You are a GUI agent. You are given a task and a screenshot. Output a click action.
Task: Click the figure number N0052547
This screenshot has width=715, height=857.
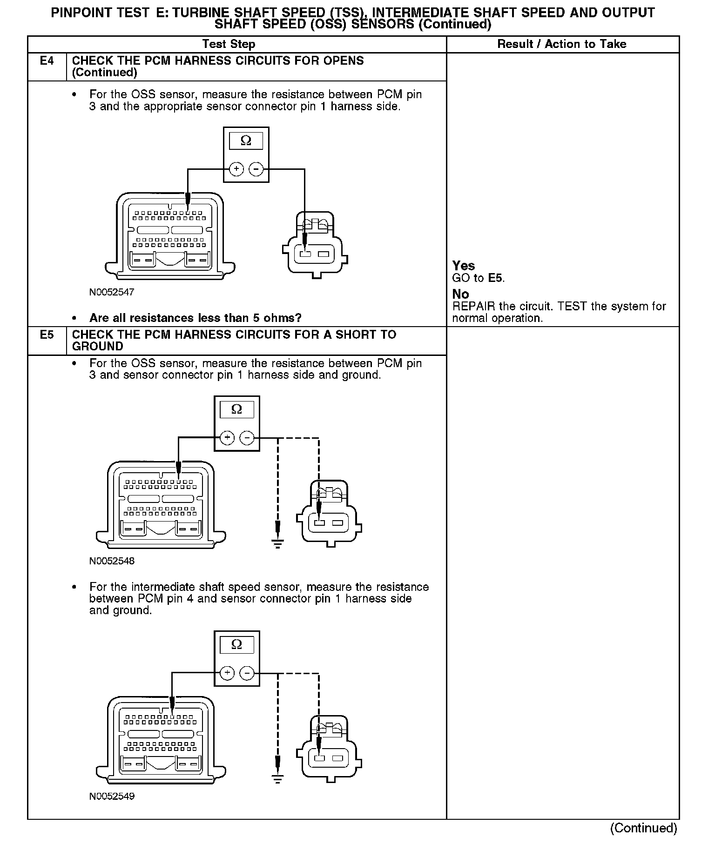(x=112, y=292)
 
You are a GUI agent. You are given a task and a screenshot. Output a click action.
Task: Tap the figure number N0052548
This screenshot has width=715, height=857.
(x=112, y=561)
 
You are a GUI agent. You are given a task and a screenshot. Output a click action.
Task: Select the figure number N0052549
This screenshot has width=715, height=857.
(x=112, y=796)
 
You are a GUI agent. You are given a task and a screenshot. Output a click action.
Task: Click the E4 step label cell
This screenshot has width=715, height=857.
(x=47, y=61)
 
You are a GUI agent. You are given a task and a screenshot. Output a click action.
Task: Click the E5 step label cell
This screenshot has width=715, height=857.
(x=47, y=335)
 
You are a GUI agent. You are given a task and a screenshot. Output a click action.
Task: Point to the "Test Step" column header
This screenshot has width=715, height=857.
(x=229, y=44)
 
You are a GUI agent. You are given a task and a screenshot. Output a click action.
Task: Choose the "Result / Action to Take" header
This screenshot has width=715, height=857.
(x=562, y=44)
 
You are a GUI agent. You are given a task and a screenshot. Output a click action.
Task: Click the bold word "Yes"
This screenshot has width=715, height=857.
(x=464, y=266)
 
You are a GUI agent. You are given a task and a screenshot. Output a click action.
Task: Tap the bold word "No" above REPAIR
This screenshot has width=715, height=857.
(x=461, y=294)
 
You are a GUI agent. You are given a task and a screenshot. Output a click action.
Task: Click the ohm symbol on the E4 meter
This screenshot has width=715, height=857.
(x=246, y=141)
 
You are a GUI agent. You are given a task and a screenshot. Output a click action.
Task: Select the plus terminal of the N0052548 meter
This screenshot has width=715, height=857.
(x=227, y=438)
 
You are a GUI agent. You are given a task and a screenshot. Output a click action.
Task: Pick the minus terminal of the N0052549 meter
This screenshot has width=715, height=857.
(x=247, y=673)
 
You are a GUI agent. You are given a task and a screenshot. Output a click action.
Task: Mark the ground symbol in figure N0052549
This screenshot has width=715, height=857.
(x=277, y=778)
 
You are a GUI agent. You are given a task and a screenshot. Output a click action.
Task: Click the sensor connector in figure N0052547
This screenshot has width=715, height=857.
(x=315, y=245)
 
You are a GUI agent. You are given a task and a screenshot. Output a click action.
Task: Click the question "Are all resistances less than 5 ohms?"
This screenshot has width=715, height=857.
(x=196, y=318)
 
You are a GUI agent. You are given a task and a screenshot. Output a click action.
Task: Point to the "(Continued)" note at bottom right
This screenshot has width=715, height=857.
(x=644, y=828)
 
